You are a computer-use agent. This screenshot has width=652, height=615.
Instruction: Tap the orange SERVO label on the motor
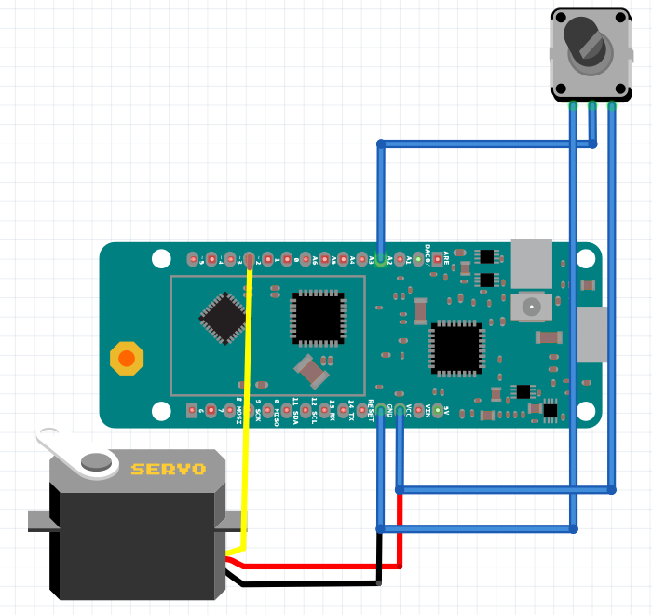click(168, 470)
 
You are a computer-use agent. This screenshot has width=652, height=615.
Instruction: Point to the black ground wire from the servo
click(307, 584)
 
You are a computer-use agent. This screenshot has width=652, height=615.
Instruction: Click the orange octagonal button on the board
click(127, 358)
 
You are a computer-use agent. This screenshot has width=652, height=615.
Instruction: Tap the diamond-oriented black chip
click(224, 318)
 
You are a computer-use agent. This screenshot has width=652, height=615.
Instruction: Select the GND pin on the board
click(380, 410)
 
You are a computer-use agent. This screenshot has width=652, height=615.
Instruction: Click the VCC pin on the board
click(400, 410)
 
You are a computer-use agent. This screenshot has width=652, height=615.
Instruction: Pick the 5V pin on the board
click(437, 410)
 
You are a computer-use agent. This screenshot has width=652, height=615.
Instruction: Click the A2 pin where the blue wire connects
click(380, 259)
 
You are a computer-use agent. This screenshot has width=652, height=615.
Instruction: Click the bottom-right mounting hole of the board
click(589, 410)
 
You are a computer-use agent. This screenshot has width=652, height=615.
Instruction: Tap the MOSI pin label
click(238, 413)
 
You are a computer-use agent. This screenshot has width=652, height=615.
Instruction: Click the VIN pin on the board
click(418, 410)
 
